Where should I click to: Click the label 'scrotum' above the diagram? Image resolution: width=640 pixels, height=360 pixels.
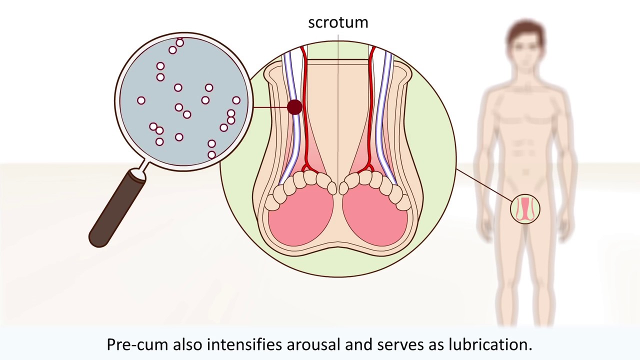pyautogui.click(x=338, y=22)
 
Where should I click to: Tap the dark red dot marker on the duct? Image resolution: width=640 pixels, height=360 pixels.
pyautogui.click(x=294, y=107)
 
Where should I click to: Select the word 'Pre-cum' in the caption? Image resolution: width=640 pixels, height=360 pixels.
pyautogui.click(x=137, y=344)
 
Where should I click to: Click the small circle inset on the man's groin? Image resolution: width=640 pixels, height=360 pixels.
pyautogui.click(x=525, y=208)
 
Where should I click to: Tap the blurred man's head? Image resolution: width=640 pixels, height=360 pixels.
pyautogui.click(x=525, y=42)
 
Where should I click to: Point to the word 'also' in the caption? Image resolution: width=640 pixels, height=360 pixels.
pyautogui.click(x=188, y=344)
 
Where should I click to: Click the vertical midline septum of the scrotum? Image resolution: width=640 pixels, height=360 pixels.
pyautogui.click(x=338, y=125)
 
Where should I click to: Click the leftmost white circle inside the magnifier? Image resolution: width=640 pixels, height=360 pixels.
pyautogui.click(x=141, y=100)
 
